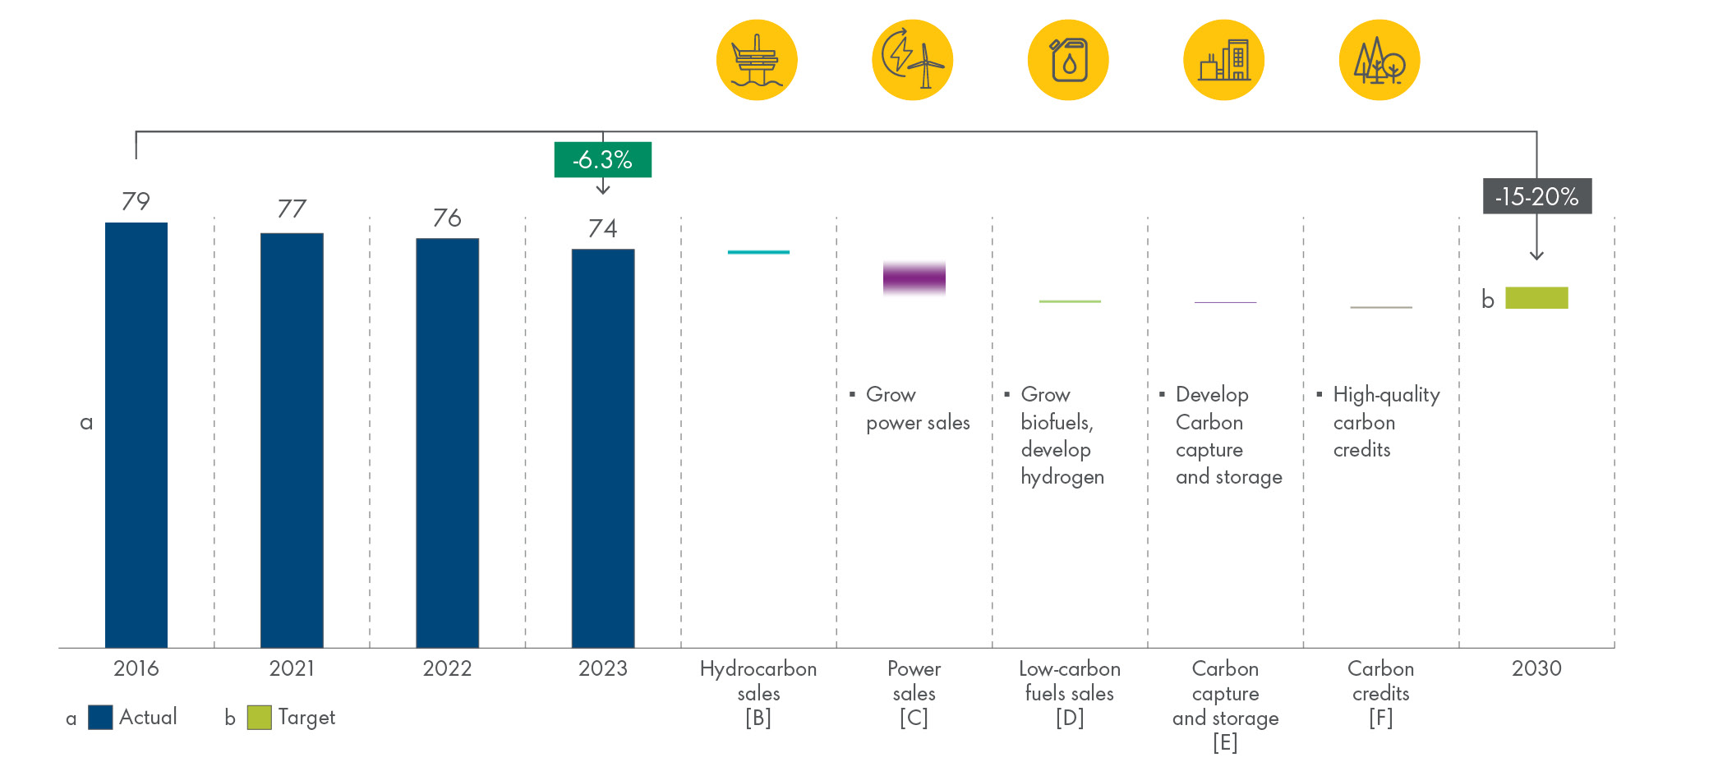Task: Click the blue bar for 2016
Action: pos(136,435)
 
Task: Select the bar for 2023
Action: pos(602,448)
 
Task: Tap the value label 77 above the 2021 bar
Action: pos(292,209)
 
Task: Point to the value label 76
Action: pos(447,218)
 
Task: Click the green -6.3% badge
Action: pos(602,159)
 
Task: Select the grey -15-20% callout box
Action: pos(1536,196)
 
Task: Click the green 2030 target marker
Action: pos(1536,297)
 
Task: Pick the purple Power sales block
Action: pos(914,278)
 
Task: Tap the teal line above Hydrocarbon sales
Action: pos(758,252)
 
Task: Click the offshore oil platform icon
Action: pos(757,60)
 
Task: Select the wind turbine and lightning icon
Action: pos(912,60)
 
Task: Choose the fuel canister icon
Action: pos(1068,60)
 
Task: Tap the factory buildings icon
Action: pos(1223,60)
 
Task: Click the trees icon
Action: pos(1379,60)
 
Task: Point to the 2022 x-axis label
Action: pos(447,668)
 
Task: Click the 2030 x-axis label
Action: pos(1536,668)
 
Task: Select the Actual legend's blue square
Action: pos(100,717)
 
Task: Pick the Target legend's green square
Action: pos(259,717)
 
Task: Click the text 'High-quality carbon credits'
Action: pos(1380,422)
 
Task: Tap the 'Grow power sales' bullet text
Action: pos(912,408)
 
